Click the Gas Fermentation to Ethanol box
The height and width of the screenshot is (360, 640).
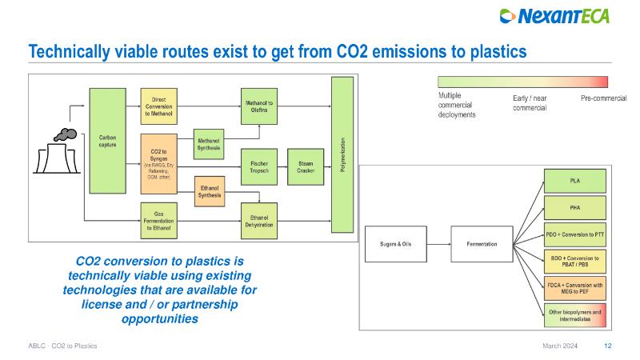click(158, 220)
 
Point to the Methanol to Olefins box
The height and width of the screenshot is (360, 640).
click(258, 106)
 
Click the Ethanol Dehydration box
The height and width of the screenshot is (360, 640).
click(258, 220)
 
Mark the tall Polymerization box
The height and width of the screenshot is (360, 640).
click(342, 154)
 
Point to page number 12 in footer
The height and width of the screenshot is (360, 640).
click(608, 346)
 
